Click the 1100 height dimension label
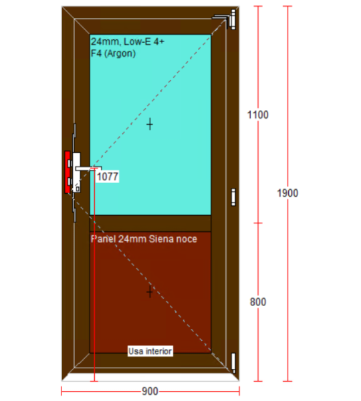(258, 115)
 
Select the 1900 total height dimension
(287, 193)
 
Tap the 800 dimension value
(258, 302)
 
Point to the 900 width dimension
(150, 391)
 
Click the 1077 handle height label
(108, 176)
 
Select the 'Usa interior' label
(150, 351)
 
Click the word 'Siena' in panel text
(161, 239)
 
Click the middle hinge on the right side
(233, 197)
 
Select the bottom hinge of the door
(233, 363)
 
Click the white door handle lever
(88, 168)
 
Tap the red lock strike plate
(68, 172)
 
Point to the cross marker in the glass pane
(150, 124)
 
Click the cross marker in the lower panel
(150, 291)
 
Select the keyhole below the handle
(78, 188)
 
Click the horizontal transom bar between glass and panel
(150, 223)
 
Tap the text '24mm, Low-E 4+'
(128, 41)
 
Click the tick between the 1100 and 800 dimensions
(258, 223)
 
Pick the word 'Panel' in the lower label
(104, 239)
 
